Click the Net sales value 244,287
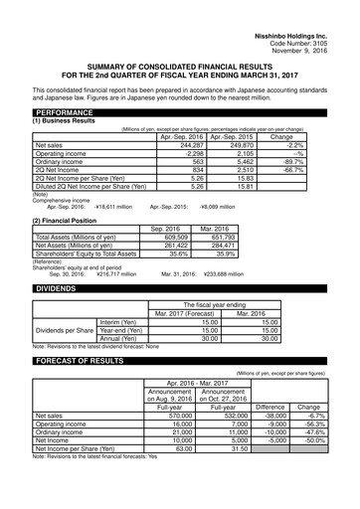click(188, 145)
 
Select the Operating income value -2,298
click(190, 154)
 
